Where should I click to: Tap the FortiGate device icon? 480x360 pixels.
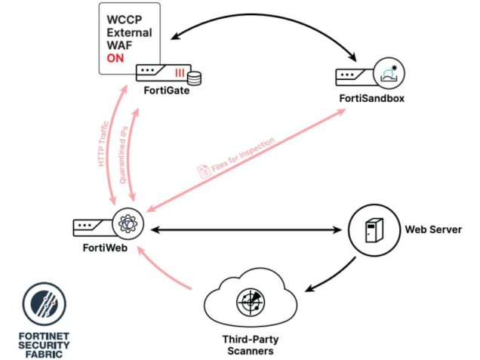(x=167, y=73)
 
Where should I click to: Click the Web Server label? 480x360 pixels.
(x=433, y=229)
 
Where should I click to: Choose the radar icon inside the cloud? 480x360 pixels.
(x=250, y=303)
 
